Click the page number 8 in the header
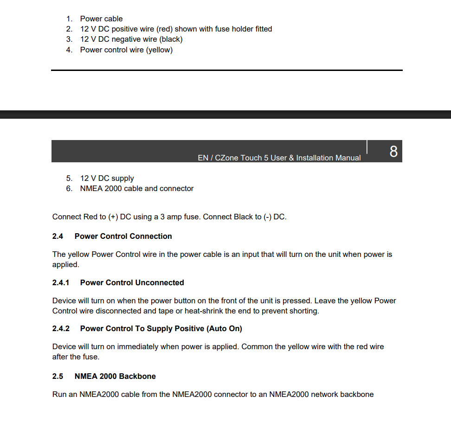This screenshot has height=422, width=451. [x=393, y=152]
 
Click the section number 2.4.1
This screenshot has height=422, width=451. [x=61, y=282]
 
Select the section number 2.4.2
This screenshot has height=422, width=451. [x=61, y=328]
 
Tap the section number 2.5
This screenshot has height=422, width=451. [x=58, y=376]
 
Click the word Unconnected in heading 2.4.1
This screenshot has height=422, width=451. [x=159, y=282]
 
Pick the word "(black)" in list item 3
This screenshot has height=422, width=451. [x=171, y=39]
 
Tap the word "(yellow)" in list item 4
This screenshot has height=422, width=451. [x=159, y=50]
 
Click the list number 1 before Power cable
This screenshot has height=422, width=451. [x=69, y=19]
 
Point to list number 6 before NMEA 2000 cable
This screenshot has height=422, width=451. [x=69, y=188]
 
